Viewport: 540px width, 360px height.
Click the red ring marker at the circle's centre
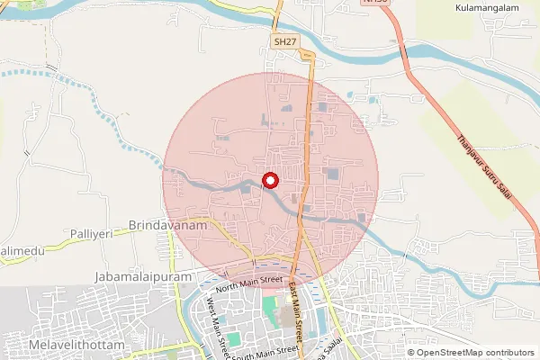pyautogui.click(x=270, y=181)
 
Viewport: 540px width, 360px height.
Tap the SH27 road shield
pyautogui.click(x=285, y=42)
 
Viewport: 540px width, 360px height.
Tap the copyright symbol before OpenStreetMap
pyautogui.click(x=410, y=352)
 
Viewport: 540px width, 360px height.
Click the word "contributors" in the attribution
pyautogui.click(x=508, y=352)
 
